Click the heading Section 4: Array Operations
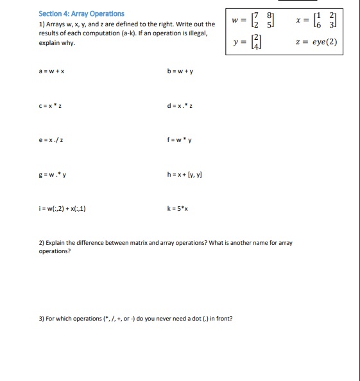[x=81, y=13]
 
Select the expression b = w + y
[x=180, y=71]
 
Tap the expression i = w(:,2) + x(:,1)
[x=63, y=208]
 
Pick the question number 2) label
[x=42, y=244]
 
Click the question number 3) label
[x=42, y=319]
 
